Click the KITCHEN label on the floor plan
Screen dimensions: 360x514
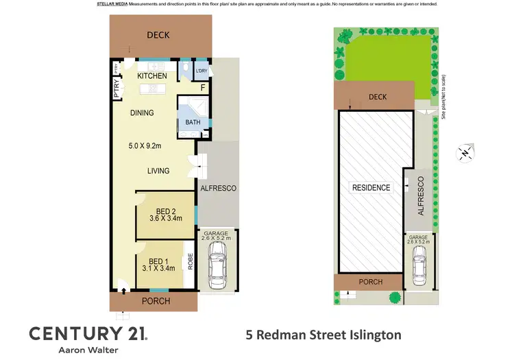[151, 75]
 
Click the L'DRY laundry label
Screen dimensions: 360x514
[201, 71]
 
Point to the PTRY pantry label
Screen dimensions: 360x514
[117, 90]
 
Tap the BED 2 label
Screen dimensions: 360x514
[167, 211]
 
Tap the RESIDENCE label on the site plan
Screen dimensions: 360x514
[371, 188]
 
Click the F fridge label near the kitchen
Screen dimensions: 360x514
[203, 88]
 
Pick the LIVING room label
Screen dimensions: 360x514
[158, 171]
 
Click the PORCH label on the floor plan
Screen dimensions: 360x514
[155, 301]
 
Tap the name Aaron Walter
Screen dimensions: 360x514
[86, 350]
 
